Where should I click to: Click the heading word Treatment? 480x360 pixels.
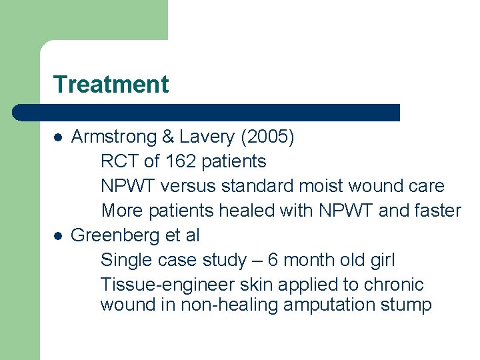point(111,85)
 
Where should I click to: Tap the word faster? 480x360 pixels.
point(437,211)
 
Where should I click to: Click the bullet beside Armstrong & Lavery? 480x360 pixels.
point(58,137)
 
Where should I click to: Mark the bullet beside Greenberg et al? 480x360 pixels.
point(58,235)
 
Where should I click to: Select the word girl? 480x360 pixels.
point(382,260)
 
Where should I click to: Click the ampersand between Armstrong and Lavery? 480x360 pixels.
point(168,137)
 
